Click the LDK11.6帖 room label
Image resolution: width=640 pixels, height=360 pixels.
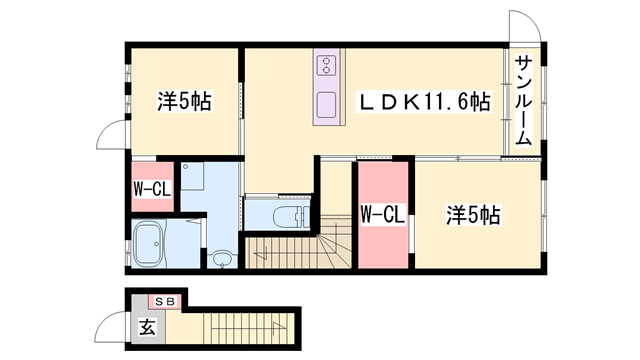(425, 102)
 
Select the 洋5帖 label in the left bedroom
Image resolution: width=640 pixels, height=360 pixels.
(184, 102)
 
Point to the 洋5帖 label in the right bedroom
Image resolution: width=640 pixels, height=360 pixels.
(472, 215)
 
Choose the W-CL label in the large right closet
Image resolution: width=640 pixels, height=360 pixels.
(381, 214)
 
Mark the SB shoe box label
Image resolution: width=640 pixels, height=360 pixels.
(163, 301)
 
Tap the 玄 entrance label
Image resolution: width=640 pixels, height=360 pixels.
(146, 327)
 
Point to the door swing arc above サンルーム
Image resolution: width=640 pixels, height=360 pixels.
(524, 28)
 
